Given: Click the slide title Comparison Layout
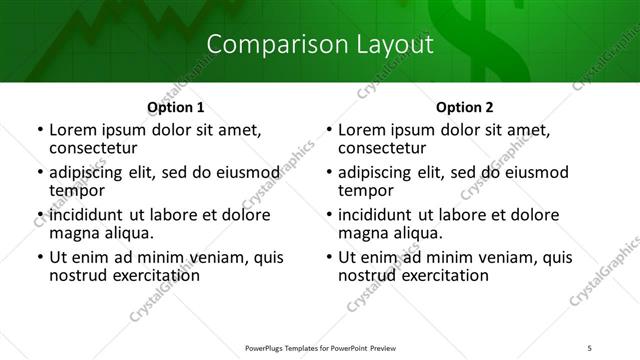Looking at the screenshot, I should click(x=320, y=45).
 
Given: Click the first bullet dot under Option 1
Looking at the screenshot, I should click(x=40, y=130).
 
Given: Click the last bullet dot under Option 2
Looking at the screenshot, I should click(x=329, y=258).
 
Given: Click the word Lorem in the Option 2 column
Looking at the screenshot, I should click(x=361, y=129).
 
